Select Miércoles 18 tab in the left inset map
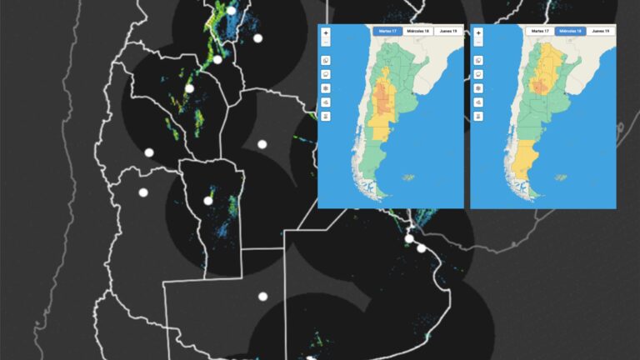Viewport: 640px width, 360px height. click(x=417, y=31)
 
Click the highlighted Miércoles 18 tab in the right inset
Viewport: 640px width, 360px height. click(x=570, y=31)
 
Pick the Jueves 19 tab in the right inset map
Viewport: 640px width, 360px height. click(x=600, y=31)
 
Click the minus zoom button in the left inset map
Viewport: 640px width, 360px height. click(x=326, y=42)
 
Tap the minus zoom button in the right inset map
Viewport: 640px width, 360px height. click(x=478, y=42)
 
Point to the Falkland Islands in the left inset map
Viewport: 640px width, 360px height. click(x=408, y=177)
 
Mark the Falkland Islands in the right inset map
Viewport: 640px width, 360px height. click(x=561, y=177)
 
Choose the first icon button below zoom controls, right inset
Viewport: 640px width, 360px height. click(x=478, y=60)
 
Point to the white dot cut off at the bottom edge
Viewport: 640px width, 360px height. click(x=310, y=358)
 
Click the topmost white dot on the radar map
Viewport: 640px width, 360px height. click(x=232, y=10)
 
